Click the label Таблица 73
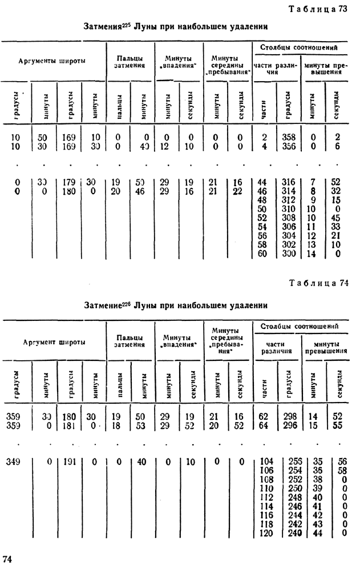(x=325, y=8)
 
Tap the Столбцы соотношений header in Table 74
(x=300, y=325)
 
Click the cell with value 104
(x=265, y=461)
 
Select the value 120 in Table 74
(x=265, y=533)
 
